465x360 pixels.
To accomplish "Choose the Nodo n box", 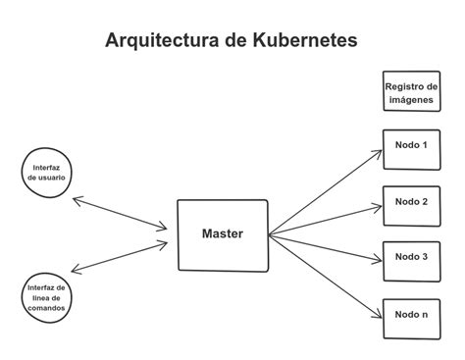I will coord(410,315).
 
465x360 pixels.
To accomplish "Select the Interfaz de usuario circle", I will coord(46,174).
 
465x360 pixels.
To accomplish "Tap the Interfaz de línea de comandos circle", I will coord(46,298).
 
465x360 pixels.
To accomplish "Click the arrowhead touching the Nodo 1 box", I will coord(378,151).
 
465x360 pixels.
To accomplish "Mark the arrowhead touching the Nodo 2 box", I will coord(378,207).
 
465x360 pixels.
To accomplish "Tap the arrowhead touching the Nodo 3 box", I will coord(378,260).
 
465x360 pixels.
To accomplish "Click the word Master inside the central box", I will coord(222,234).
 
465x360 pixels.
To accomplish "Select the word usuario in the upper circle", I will coord(47,179).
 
